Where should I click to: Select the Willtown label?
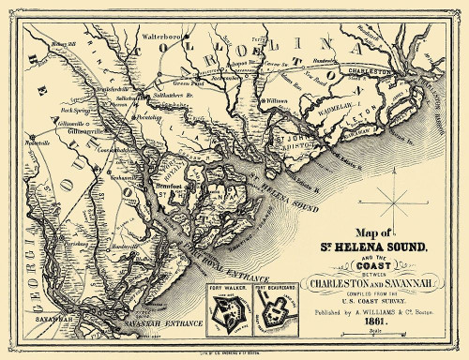[x=277, y=101]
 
